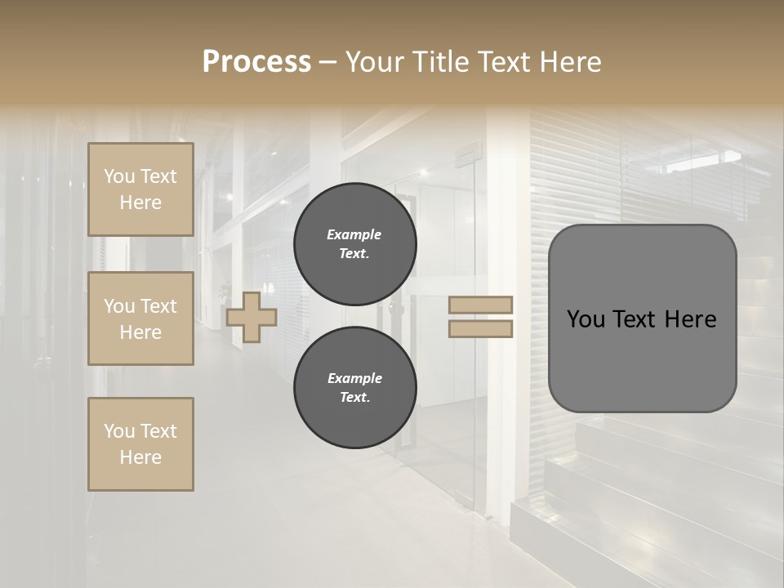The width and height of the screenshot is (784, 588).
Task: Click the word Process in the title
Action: pyautogui.click(x=256, y=62)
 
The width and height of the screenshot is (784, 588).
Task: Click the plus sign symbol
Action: pyautogui.click(x=252, y=318)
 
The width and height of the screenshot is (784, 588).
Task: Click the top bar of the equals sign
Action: pyautogui.click(x=481, y=305)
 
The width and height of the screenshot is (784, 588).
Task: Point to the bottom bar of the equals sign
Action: pyautogui.click(x=481, y=329)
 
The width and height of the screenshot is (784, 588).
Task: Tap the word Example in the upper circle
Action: pyautogui.click(x=354, y=235)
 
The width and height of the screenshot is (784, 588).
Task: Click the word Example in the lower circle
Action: pyautogui.click(x=354, y=379)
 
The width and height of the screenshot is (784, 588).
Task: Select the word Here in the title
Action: pyautogui.click(x=568, y=62)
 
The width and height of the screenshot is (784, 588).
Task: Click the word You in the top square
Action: pyautogui.click(x=119, y=176)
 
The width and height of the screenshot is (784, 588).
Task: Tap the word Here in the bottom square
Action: pyautogui.click(x=140, y=458)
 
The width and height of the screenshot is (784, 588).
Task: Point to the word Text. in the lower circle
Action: pyautogui.click(x=354, y=398)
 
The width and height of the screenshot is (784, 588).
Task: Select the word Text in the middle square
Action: pyautogui.click(x=158, y=306)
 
